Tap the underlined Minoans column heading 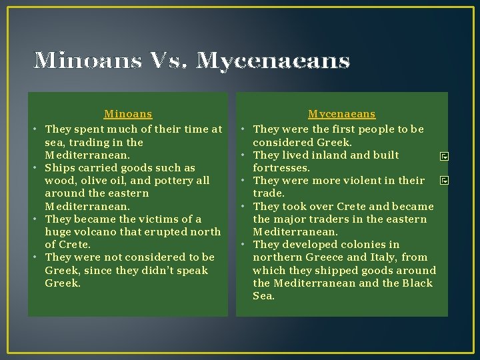pos(128,115)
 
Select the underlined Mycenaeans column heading pos(341,115)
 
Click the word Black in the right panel pos(417,283)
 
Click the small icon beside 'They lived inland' pos(443,157)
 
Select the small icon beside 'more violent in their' pos(443,181)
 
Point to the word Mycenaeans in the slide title pos(274,61)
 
